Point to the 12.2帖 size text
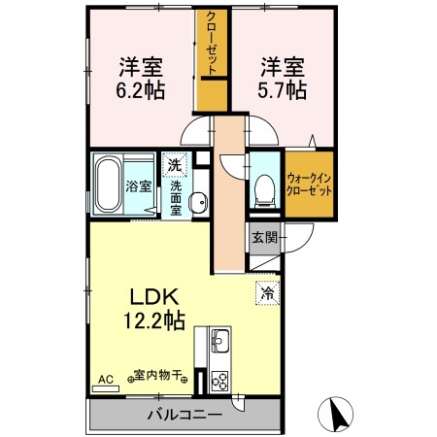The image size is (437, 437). coord(147,321)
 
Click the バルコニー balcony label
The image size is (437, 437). coord(185,415)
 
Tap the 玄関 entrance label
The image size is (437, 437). coord(263,237)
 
